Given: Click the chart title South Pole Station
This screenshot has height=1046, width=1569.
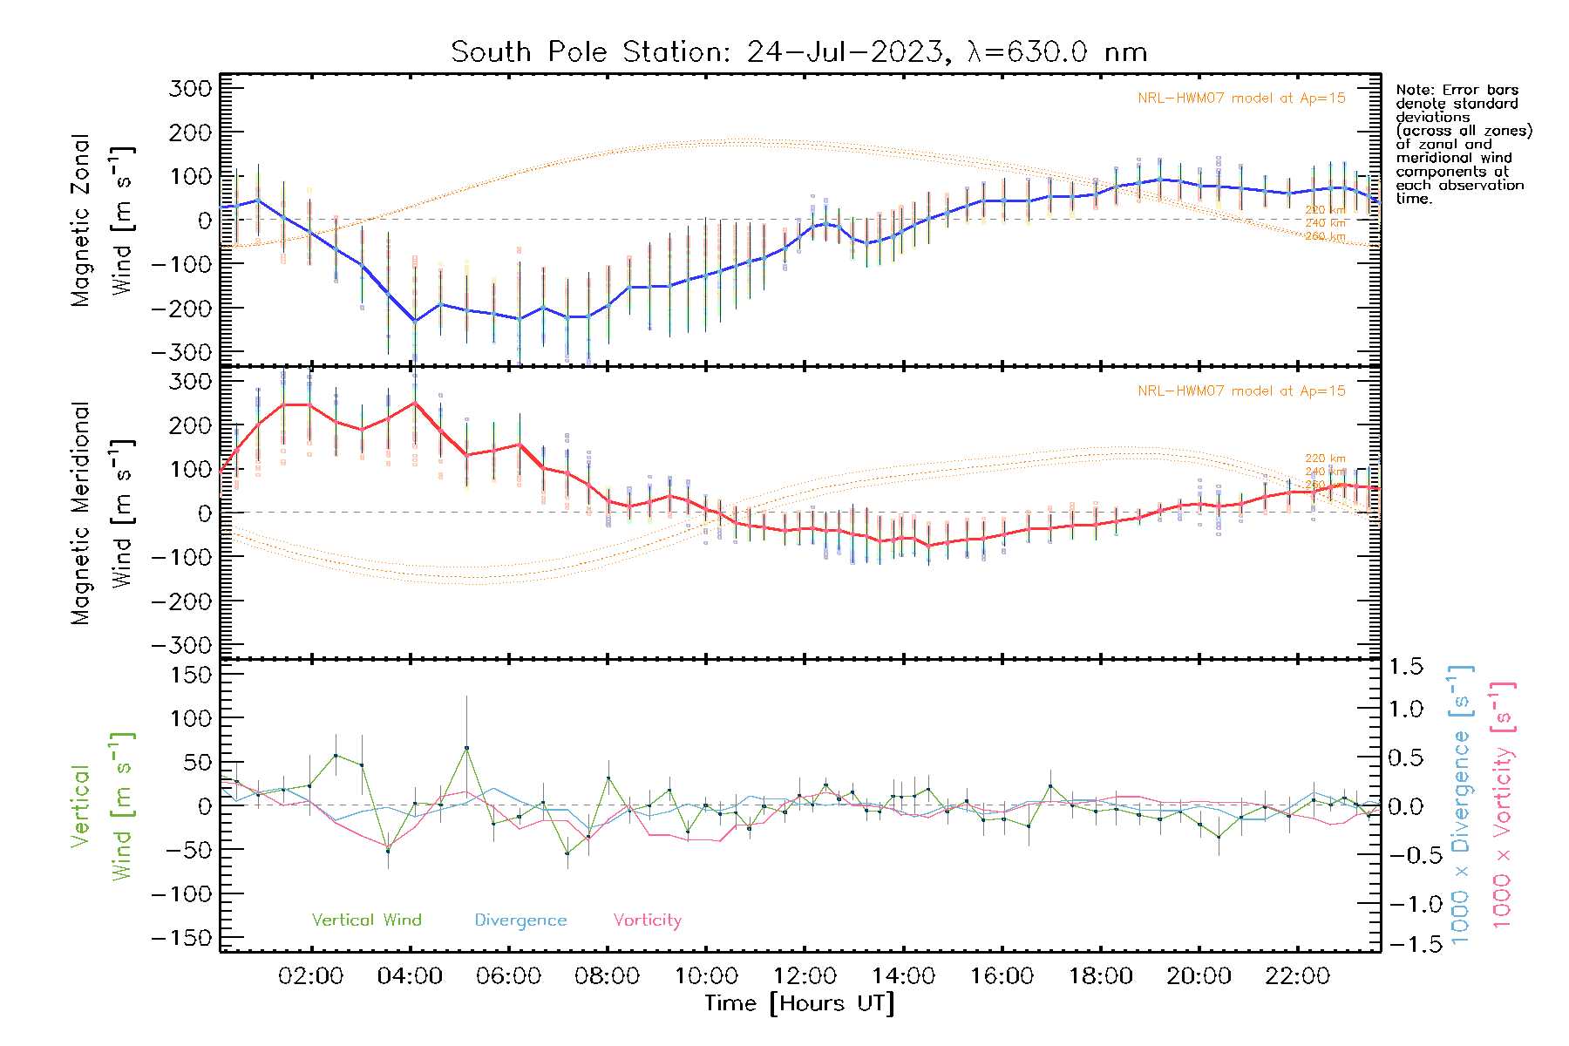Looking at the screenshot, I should click(798, 52).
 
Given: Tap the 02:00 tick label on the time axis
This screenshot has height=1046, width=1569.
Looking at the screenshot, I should click(310, 976).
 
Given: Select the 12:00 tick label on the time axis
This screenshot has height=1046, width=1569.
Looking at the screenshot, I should click(805, 976).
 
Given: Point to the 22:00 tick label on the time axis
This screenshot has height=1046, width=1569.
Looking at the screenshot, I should click(1298, 976).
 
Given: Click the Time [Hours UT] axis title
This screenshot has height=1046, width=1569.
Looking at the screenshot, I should click(799, 1003).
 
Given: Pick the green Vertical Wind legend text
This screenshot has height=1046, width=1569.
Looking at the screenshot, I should click(366, 920).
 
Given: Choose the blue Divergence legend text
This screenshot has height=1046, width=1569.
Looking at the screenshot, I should click(520, 920).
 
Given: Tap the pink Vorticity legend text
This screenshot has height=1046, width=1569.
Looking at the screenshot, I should click(647, 920).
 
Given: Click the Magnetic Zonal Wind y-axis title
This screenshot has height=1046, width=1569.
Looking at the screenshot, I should click(102, 221).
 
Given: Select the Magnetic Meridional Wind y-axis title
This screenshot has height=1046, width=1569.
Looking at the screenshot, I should click(102, 513).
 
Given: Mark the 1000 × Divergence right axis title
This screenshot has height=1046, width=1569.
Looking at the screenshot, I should click(1461, 805).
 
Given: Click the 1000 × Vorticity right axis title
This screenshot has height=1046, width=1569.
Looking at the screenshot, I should click(1503, 805).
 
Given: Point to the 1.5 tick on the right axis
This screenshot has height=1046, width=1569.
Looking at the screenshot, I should click(1405, 667).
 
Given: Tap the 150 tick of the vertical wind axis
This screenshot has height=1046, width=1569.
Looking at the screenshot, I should click(191, 675).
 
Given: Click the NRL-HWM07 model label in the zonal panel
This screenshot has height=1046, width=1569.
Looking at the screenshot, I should click(1241, 98).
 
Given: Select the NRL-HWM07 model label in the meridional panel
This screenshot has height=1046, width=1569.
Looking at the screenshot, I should click(1241, 391).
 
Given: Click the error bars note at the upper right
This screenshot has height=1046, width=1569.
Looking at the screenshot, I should click(1463, 144).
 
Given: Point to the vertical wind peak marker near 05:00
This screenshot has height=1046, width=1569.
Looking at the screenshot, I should click(466, 748).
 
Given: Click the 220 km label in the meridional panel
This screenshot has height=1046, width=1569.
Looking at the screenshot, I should click(1325, 458).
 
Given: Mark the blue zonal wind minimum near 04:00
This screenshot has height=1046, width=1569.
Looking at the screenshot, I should click(415, 321).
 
